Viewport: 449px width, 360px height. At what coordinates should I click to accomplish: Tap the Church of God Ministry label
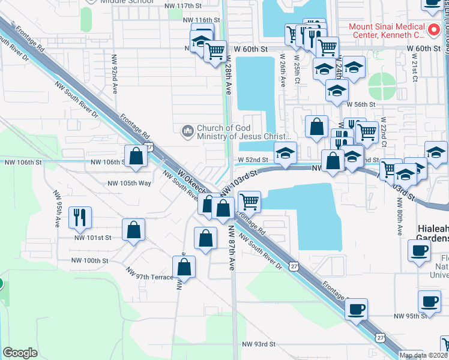(x=237, y=132)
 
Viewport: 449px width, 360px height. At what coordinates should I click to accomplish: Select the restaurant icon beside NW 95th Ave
(x=80, y=217)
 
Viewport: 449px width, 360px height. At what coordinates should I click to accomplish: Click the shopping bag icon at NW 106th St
(x=137, y=157)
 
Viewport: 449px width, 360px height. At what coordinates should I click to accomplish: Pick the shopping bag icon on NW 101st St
(x=133, y=230)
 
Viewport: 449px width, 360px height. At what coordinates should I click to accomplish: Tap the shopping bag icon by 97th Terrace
(x=184, y=267)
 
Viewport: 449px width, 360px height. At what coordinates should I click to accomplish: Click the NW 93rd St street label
(x=259, y=344)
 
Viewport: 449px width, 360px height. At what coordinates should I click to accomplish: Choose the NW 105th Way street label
(x=129, y=183)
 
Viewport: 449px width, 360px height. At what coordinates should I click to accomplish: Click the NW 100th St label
(x=90, y=261)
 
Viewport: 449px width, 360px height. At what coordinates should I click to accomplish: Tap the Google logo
(x=20, y=353)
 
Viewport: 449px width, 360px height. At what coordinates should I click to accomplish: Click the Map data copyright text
(x=423, y=355)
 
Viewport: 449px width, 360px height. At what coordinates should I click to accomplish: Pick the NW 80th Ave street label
(x=399, y=221)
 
